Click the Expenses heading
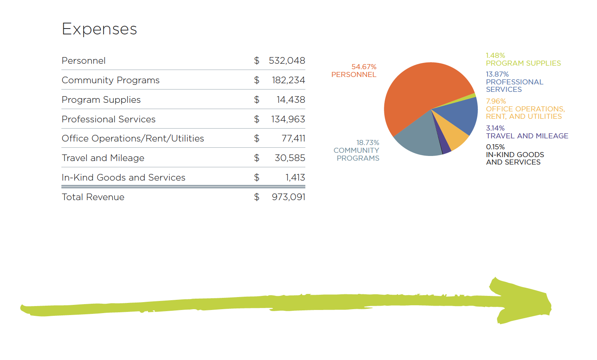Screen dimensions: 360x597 point(99,29)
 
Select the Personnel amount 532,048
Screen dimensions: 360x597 point(287,61)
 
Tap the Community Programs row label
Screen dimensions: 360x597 point(111,80)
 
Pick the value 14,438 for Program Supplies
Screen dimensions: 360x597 point(290,100)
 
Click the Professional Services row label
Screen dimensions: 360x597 point(109,119)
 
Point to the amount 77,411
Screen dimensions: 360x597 point(293,138)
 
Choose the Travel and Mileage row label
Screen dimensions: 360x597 point(103,158)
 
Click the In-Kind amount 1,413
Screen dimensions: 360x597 point(295,177)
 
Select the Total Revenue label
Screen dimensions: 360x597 point(93,197)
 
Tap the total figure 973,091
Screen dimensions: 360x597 point(289,197)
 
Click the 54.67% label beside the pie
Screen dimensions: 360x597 point(364,67)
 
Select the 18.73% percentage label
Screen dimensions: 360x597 point(368,143)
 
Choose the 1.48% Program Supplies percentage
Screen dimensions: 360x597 point(495,56)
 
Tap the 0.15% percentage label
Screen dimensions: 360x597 point(495,147)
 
